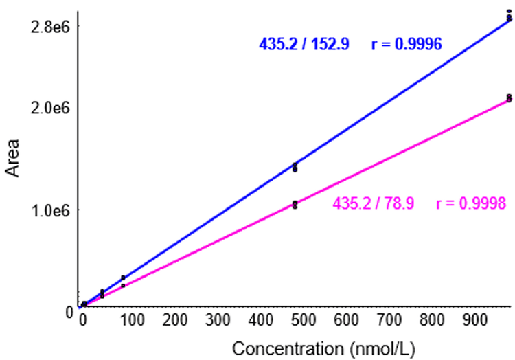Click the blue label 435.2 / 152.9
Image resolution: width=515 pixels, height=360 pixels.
click(304, 45)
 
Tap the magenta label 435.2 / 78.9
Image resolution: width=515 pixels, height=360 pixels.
click(374, 203)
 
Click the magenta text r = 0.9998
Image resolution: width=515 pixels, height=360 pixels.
click(471, 203)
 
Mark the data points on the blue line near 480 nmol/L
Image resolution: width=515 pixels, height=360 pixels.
click(295, 167)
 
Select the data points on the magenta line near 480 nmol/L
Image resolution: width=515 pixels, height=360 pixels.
click(295, 205)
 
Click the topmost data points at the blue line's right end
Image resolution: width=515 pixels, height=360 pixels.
click(509, 13)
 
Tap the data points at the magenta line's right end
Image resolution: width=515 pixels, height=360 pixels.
click(509, 98)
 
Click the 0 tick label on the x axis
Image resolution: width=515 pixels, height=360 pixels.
click(83, 319)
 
